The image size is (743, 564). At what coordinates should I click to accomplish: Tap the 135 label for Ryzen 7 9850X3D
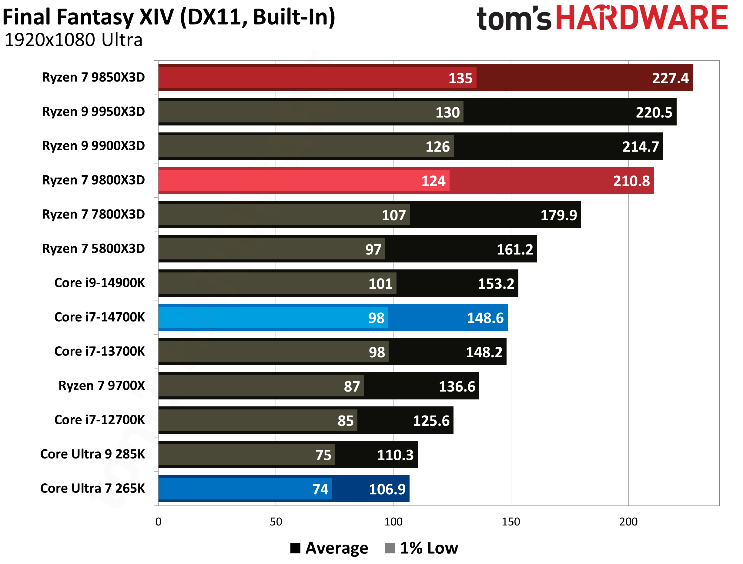tap(460, 78)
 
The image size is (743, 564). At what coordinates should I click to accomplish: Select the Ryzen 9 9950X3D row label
tap(93, 112)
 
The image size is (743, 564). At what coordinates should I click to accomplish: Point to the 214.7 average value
tap(640, 147)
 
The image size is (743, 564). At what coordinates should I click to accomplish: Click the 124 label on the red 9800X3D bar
tap(433, 181)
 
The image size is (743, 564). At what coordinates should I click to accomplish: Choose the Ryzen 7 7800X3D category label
tap(93, 214)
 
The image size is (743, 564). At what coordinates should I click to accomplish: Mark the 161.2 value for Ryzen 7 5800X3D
tap(515, 249)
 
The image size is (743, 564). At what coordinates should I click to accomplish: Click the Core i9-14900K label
tap(99, 283)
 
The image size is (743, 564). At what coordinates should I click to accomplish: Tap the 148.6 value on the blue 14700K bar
tap(485, 318)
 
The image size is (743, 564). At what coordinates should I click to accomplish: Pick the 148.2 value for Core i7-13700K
tap(484, 352)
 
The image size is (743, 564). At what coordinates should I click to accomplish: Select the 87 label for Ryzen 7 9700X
tap(352, 386)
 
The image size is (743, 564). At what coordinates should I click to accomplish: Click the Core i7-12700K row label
tap(99, 420)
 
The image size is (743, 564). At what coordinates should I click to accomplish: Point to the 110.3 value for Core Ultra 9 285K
tap(395, 455)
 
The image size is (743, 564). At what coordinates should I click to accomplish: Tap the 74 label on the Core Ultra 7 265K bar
tap(320, 489)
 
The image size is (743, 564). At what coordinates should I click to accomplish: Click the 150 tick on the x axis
tap(510, 522)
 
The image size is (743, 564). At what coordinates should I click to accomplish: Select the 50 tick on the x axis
tap(276, 522)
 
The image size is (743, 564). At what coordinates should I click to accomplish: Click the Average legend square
tap(295, 548)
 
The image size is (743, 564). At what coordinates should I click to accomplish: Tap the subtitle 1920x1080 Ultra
tap(74, 40)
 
